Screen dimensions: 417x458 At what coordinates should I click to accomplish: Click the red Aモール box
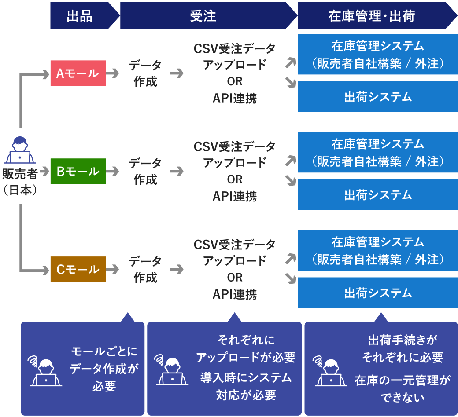(78, 73)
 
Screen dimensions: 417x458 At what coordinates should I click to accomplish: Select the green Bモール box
(78, 171)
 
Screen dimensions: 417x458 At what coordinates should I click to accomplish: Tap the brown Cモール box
(78, 269)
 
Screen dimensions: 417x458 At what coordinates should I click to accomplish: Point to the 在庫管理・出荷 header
(372, 15)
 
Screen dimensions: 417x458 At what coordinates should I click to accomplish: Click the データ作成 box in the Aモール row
(145, 73)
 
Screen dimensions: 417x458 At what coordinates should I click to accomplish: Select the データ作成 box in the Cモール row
(145, 269)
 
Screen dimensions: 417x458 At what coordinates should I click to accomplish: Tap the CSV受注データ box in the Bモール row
(235, 171)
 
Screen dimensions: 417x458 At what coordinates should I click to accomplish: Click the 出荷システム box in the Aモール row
(377, 97)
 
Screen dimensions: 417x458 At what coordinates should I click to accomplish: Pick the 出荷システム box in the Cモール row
(377, 293)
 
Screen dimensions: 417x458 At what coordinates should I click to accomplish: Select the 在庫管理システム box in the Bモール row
(377, 153)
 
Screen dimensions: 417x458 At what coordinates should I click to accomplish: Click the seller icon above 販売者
(20, 151)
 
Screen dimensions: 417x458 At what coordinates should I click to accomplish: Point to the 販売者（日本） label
(20, 182)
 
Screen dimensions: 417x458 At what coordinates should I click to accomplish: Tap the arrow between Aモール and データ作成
(113, 73)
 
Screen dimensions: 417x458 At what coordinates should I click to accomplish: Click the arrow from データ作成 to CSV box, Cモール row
(177, 269)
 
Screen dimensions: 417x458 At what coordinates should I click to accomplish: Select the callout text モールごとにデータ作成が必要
(104, 369)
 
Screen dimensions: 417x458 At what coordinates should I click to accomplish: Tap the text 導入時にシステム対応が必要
(246, 386)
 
